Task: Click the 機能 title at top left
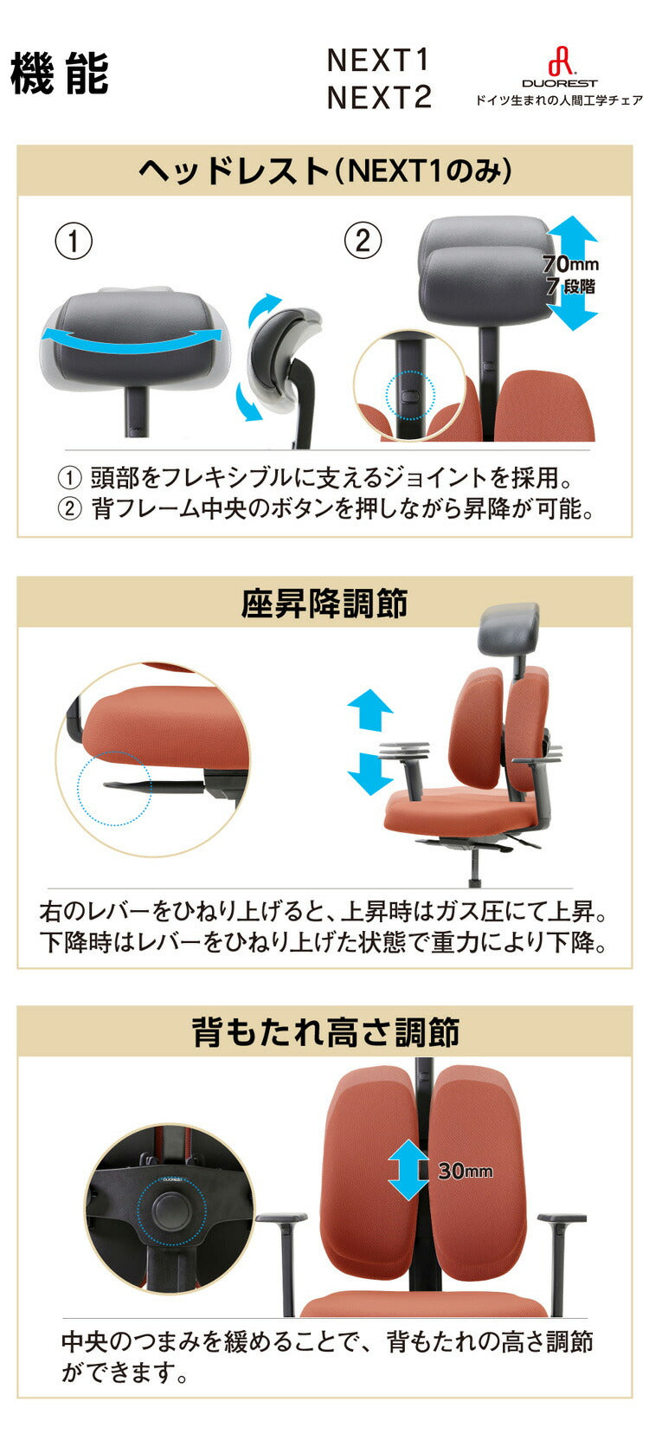click(59, 74)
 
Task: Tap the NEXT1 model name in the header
click(378, 61)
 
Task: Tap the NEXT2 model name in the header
click(378, 98)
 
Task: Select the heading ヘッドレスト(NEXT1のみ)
click(324, 171)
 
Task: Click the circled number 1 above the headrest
click(74, 241)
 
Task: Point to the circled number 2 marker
click(363, 241)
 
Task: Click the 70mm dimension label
click(569, 264)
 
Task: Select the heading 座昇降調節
click(324, 604)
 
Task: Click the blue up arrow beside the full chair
click(369, 709)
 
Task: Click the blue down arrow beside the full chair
click(369, 773)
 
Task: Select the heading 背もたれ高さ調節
click(324, 1032)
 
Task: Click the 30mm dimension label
click(465, 1171)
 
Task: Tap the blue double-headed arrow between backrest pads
click(408, 1169)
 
